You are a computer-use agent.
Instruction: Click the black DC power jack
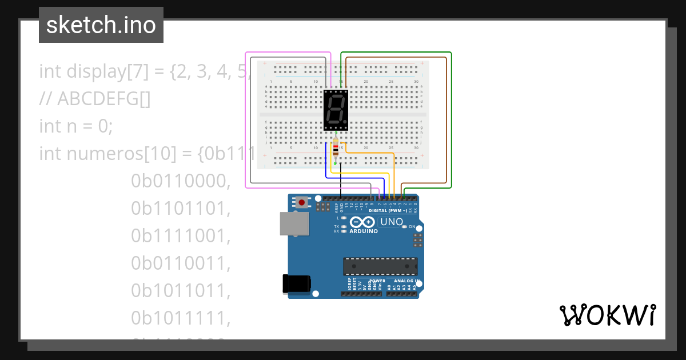(x=297, y=283)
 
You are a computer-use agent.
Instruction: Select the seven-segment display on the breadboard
(x=336, y=110)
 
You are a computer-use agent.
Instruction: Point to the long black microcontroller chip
(x=380, y=266)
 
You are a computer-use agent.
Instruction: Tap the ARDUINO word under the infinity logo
(x=363, y=231)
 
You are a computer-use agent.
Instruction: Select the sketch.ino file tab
(x=101, y=25)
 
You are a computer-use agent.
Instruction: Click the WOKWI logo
(x=608, y=315)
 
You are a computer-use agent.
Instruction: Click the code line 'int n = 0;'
(x=76, y=126)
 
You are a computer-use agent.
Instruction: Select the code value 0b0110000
(x=180, y=181)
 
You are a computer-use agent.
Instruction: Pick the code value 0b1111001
(x=180, y=236)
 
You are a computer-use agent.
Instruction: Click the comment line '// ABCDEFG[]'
(x=95, y=98)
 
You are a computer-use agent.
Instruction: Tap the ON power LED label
(x=412, y=227)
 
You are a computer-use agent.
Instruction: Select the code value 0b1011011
(x=180, y=291)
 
